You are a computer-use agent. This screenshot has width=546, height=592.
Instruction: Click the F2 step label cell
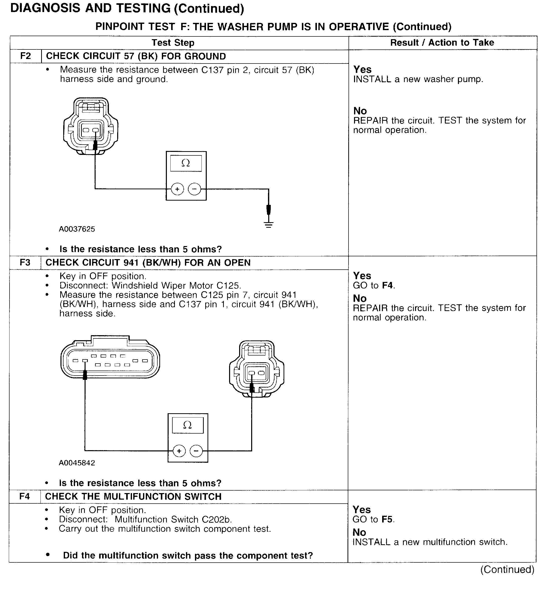pos(25,56)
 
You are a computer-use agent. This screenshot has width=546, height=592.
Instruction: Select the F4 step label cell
pos(25,496)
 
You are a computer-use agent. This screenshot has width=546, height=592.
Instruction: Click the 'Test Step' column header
pos(173,43)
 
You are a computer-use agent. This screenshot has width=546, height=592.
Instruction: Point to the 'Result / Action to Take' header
pos(442,43)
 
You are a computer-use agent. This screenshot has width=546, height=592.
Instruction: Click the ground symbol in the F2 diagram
pos(268,225)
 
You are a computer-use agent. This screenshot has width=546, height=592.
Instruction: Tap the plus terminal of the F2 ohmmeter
pos(177,189)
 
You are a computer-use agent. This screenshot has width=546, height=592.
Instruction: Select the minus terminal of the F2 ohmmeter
pos(194,189)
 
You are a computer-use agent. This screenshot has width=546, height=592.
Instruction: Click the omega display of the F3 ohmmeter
pos(188,425)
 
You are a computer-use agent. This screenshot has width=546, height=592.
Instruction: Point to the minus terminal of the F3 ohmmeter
pos(196,451)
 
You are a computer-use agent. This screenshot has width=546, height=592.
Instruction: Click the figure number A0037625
pos(77,229)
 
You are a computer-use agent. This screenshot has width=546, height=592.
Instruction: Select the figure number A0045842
pos(77,463)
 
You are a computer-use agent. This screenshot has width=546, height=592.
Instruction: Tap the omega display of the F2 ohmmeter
pos(186,163)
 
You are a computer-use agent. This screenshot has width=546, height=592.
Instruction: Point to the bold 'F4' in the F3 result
pos(388,285)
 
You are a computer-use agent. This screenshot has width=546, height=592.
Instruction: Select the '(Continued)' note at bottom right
pos(507,570)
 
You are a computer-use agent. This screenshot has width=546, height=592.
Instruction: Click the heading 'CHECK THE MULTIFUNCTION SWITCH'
pos(133,497)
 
